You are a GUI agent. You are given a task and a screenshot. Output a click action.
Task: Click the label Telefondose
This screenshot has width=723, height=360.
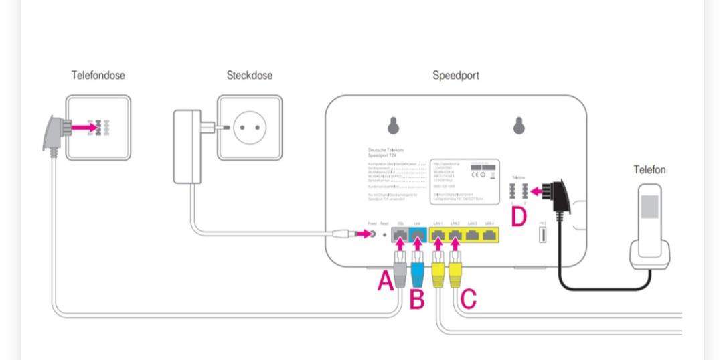pyautogui.click(x=98, y=76)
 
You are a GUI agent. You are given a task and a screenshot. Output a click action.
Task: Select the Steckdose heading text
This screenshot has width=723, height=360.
pyautogui.click(x=250, y=76)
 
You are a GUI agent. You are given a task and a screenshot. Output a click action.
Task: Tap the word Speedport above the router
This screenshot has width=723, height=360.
pyautogui.click(x=456, y=76)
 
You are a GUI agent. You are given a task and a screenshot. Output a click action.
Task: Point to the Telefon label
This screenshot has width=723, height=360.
pyautogui.click(x=649, y=170)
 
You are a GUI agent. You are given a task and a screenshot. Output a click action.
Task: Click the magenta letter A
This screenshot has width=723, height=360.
pyautogui.click(x=385, y=281)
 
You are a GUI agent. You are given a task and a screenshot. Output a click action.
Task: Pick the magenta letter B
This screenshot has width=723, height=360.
pyautogui.click(x=417, y=300)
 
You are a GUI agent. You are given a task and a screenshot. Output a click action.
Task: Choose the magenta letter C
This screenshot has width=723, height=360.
pyautogui.click(x=469, y=299)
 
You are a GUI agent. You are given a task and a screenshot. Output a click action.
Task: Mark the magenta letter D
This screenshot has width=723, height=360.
pyautogui.click(x=519, y=217)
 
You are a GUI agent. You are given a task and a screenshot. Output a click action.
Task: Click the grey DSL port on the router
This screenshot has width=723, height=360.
pyautogui.click(x=400, y=234)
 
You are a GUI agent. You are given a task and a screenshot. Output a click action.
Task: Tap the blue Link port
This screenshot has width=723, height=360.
pyautogui.click(x=417, y=234)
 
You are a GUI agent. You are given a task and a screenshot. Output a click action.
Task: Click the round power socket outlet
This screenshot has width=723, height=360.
pyautogui.click(x=250, y=127)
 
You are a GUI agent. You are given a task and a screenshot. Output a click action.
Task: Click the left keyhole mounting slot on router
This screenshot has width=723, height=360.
pyautogui.click(x=394, y=125)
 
